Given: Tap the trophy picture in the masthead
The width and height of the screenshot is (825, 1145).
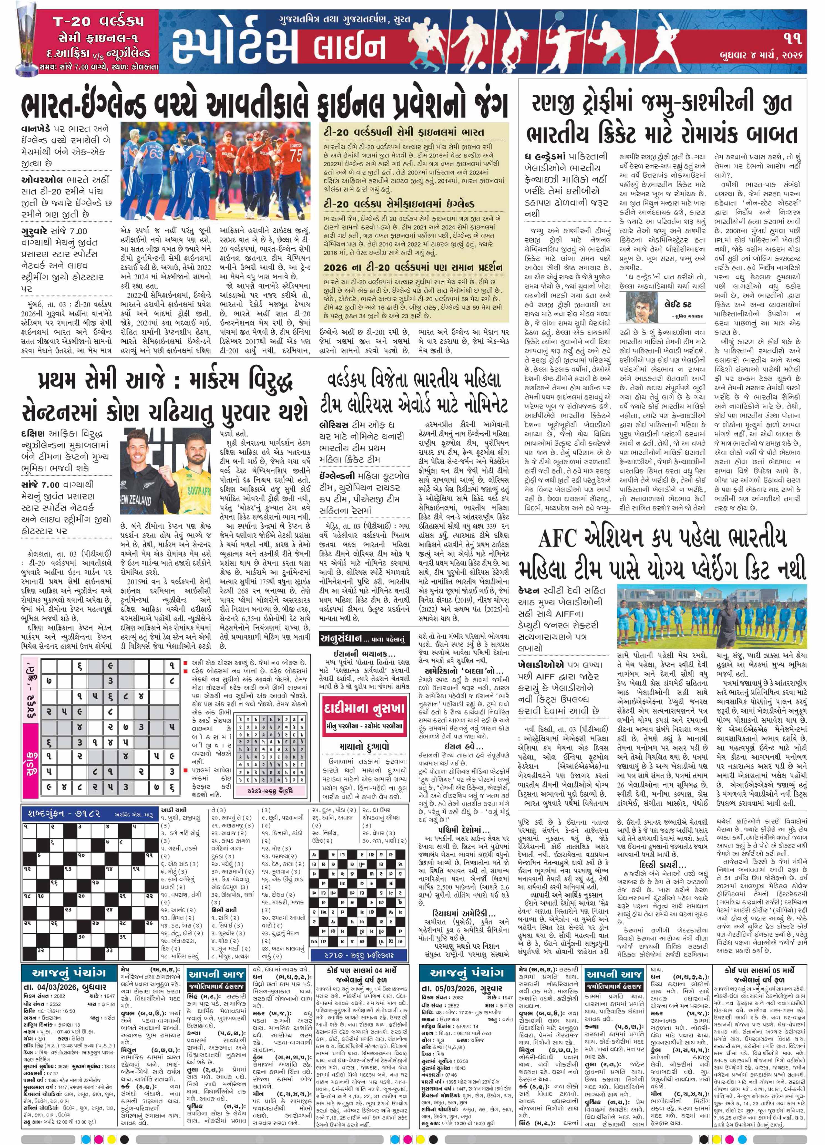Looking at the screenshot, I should pos(21,43).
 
